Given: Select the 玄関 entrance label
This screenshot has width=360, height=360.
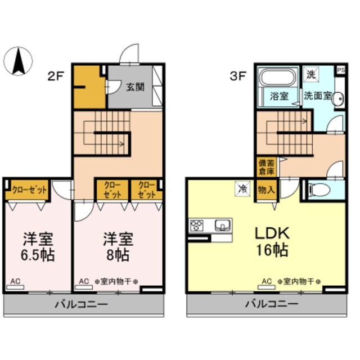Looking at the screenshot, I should click(134, 87).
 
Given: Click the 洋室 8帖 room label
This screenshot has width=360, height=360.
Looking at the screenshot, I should click(117, 247).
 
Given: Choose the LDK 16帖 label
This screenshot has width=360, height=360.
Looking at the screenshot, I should click(273, 240).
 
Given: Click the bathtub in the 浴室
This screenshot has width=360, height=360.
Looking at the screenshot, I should click(277, 79).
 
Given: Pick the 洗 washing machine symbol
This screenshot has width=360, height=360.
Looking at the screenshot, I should click(310, 74).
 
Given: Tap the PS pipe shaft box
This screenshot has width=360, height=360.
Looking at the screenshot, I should click(340, 70).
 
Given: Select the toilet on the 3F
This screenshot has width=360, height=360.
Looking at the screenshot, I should click(319, 190).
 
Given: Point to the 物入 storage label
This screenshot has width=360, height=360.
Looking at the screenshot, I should click(265, 190).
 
